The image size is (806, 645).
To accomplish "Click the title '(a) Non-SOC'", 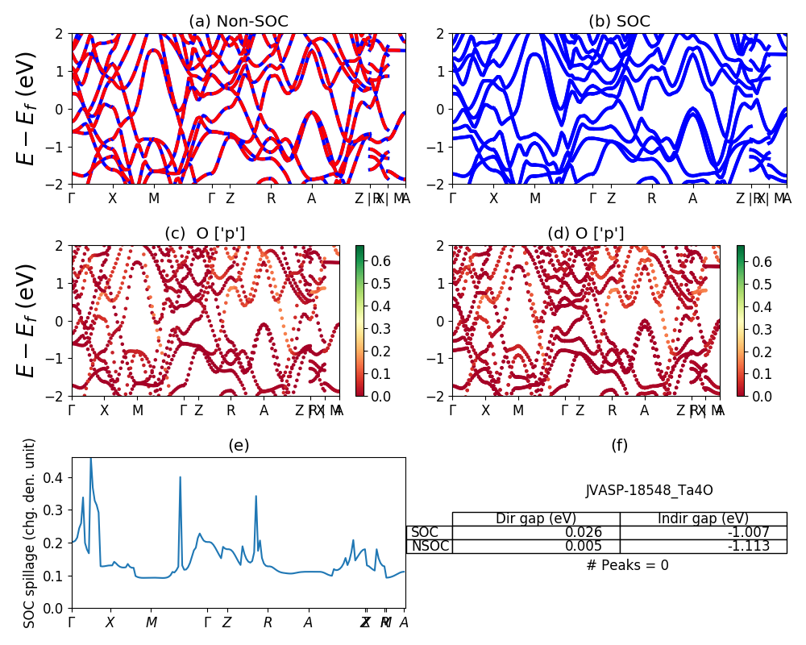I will tap(239, 22).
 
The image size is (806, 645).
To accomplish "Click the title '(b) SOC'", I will tap(619, 22).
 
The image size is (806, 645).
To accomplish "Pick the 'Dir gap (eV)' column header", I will tap(536, 518).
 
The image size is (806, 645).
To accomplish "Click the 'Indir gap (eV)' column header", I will tap(703, 518).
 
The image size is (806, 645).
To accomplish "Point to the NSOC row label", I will tap(430, 546).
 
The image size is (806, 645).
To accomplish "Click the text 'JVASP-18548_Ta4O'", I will tap(649, 490).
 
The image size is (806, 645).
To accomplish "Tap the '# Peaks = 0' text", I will tap(627, 565).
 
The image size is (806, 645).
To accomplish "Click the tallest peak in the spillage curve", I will tap(90, 459).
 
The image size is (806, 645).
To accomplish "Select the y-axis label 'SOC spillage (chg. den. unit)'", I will tap(31, 533).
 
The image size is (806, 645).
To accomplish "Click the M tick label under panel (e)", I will tap(152, 622).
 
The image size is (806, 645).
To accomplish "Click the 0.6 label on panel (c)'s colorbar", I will tap(380, 260).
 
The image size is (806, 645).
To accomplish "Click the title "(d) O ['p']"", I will tap(585, 234).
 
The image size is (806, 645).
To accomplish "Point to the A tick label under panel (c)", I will tap(264, 410).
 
